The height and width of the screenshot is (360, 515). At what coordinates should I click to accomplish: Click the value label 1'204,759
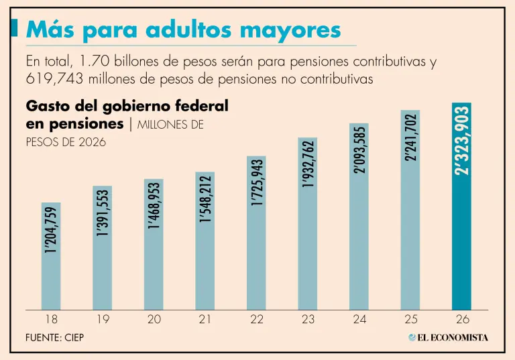click(51, 230)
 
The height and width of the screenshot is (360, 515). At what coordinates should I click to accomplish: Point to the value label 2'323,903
click(461, 141)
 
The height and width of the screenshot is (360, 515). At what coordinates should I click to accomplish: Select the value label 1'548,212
click(205, 198)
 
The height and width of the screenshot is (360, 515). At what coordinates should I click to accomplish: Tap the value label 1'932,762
click(308, 164)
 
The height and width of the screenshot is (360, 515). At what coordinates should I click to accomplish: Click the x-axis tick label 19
click(103, 319)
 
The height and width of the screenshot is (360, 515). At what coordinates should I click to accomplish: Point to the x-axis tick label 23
click(308, 319)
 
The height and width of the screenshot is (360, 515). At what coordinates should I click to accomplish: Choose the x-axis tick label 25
click(410, 319)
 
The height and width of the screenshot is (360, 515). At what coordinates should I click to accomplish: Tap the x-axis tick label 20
click(154, 319)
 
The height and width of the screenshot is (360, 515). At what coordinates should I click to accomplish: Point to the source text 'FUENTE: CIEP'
click(55, 337)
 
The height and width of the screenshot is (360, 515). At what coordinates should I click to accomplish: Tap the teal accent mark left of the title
click(14, 27)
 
